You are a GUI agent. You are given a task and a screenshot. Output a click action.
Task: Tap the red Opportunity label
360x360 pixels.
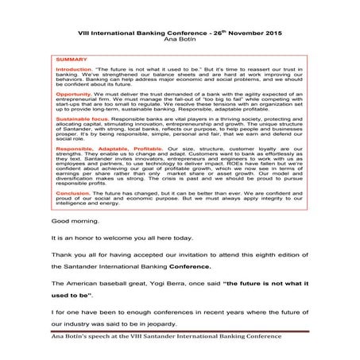[72, 94]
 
